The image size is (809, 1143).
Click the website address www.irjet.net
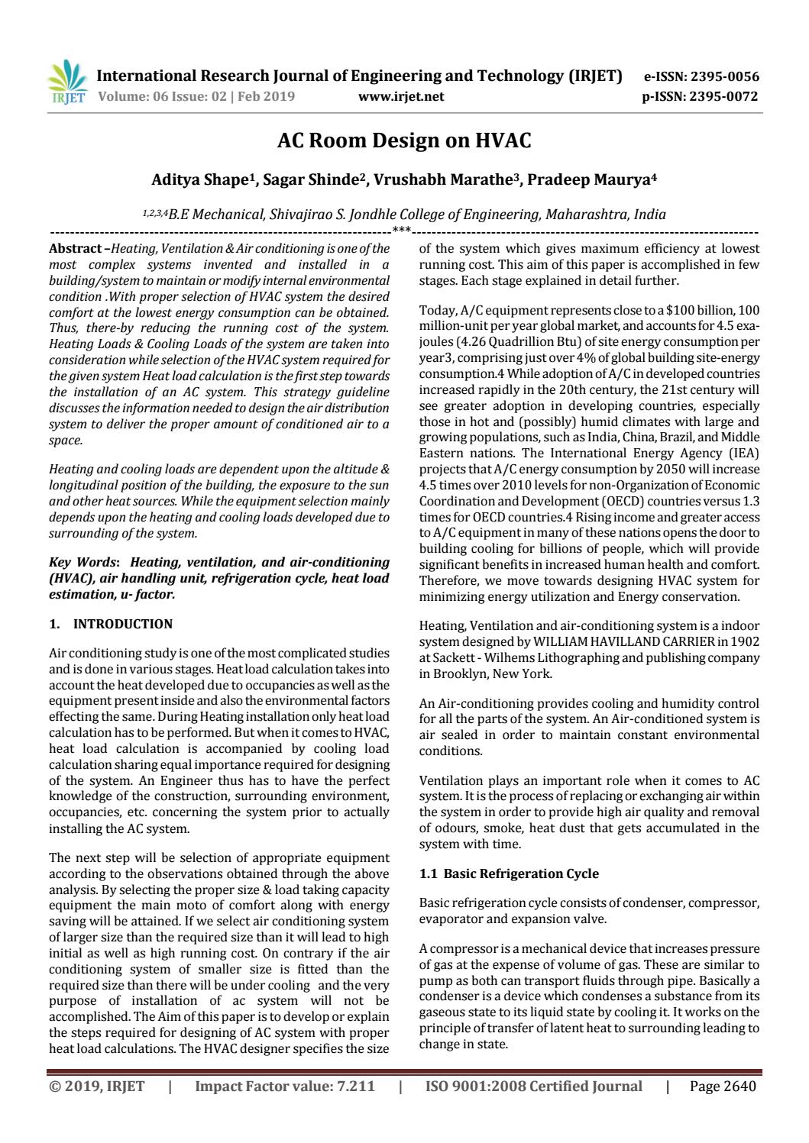[x=400, y=96]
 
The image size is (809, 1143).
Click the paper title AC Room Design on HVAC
[x=403, y=140]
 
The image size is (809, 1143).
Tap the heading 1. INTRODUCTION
[x=111, y=624]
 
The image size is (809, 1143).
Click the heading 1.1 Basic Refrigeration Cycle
[x=509, y=873]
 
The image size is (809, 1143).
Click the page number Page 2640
[x=722, y=1086]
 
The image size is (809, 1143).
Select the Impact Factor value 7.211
[x=355, y=1086]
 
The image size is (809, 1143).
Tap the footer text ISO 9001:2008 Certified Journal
[x=533, y=1086]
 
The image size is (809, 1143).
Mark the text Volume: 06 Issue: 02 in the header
[x=164, y=96]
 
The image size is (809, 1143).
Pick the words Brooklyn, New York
[x=492, y=673]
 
